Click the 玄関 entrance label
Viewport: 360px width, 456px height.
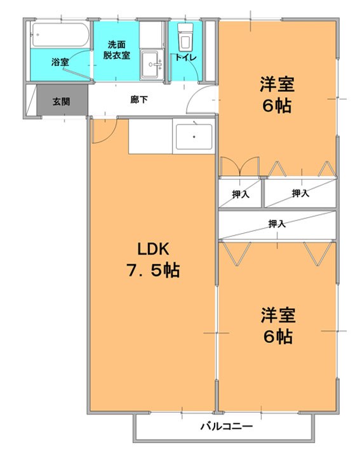tap(61, 102)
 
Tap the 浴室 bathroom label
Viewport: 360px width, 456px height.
tap(60, 62)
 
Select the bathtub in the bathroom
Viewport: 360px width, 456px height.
tap(60, 34)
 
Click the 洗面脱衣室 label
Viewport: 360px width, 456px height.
tap(117, 50)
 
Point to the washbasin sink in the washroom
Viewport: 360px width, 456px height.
tap(152, 65)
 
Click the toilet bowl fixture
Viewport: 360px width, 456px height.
tap(185, 37)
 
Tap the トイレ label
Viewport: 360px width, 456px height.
tap(185, 58)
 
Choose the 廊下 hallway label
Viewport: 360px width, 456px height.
tap(138, 100)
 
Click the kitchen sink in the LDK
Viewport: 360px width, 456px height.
tap(194, 137)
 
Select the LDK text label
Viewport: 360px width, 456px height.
tap(153, 249)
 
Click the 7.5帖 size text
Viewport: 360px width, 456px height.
tap(153, 270)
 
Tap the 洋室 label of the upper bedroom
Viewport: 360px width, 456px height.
tap(277, 84)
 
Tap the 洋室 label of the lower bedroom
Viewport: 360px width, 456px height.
tap(278, 315)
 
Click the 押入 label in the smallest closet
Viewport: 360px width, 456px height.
tap(241, 194)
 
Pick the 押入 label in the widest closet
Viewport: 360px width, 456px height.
tap(277, 224)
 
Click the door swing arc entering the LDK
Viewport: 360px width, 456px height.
tap(108, 137)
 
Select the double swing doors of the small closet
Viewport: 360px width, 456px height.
tap(239, 166)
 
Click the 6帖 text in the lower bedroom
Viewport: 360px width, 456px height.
tap(278, 337)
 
